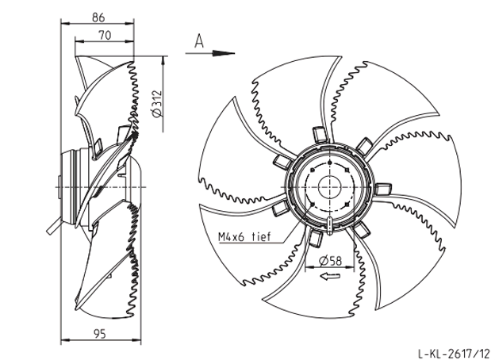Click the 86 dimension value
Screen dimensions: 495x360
pos(98,17)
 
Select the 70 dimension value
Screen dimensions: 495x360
pos(106,35)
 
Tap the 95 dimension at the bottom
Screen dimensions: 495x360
pos(100,333)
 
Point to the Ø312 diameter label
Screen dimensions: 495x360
pos(157,104)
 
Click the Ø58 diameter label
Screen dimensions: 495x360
pos(330,261)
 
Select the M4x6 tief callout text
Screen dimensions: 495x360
pos(244,236)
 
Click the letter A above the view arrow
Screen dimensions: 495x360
pos(199,41)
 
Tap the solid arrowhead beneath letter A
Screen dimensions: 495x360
pos(224,53)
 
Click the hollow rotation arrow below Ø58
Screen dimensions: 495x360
pos(330,277)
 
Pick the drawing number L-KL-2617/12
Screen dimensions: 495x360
pos(455,353)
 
